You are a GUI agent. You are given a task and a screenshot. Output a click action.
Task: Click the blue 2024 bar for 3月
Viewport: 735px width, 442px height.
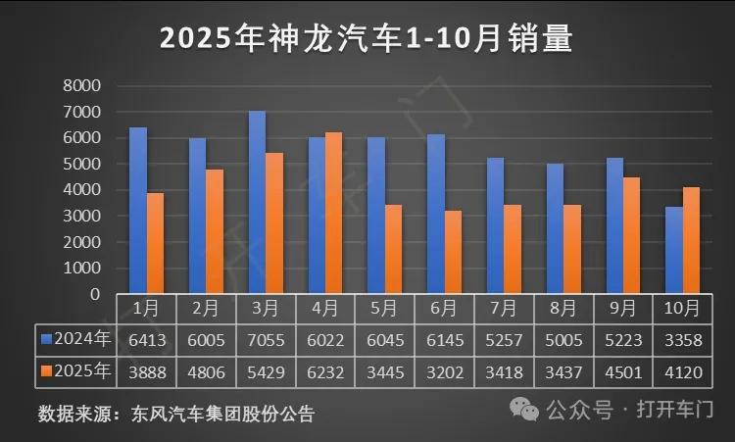[x=257, y=202]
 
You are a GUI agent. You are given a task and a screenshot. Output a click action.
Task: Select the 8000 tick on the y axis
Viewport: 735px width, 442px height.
[x=81, y=86]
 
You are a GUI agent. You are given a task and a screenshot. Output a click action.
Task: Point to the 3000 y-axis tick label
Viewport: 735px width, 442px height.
[x=81, y=216]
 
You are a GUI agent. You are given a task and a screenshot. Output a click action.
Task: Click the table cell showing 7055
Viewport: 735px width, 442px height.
[x=265, y=339]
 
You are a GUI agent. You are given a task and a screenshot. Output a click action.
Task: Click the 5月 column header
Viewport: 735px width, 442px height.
[x=384, y=308]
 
